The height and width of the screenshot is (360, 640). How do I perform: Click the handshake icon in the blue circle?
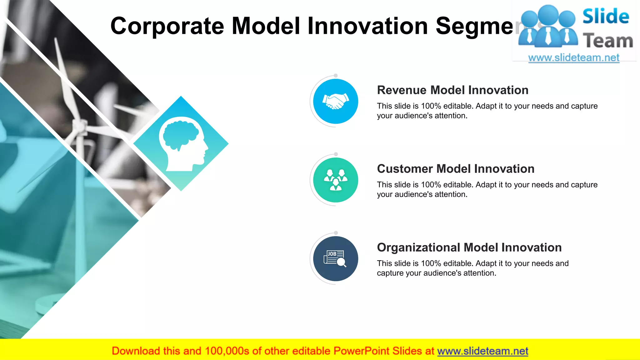pyautogui.click(x=336, y=102)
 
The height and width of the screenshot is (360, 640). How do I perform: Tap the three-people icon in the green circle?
pyautogui.click(x=336, y=180)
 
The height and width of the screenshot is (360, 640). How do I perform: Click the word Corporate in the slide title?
pyautogui.click(x=167, y=26)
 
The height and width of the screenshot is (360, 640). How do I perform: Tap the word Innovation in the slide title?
pyautogui.click(x=367, y=26)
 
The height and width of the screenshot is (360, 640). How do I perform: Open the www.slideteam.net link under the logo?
pyautogui.click(x=573, y=58)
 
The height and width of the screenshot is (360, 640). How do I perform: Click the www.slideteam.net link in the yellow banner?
pyautogui.click(x=482, y=351)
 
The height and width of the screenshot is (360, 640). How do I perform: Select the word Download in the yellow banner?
pyautogui.click(x=136, y=351)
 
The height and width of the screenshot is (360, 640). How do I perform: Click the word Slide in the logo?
pyautogui.click(x=606, y=17)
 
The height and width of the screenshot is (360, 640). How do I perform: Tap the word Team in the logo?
pyautogui.click(x=608, y=41)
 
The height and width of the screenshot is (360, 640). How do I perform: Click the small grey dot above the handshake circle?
pyautogui.click(x=336, y=76)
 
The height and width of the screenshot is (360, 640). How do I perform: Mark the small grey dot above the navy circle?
pyautogui.click(x=336, y=233)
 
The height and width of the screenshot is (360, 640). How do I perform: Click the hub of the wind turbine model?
pyautogui.click(x=81, y=126)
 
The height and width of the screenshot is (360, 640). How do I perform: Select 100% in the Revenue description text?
pyautogui.click(x=431, y=106)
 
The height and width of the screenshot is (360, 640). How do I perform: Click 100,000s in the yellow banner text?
pyautogui.click(x=227, y=351)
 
